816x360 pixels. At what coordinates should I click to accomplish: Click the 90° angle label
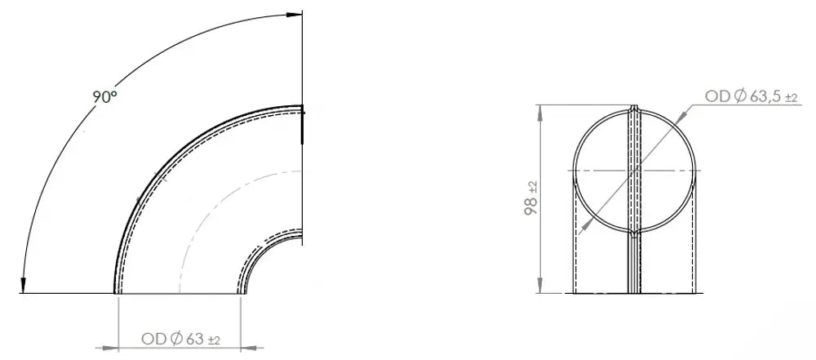point(105,96)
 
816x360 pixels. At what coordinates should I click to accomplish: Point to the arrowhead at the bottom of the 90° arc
point(23,286)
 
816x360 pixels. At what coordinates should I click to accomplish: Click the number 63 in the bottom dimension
point(195,339)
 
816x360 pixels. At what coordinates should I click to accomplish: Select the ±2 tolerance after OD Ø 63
point(214,340)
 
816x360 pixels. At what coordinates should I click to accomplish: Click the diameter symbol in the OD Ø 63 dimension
point(176,339)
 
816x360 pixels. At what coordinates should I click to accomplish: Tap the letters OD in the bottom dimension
point(154,339)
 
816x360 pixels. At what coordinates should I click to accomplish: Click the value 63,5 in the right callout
point(765,96)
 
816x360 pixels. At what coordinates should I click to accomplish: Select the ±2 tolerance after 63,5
point(792,98)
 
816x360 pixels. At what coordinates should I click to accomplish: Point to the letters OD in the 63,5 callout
point(718,96)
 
